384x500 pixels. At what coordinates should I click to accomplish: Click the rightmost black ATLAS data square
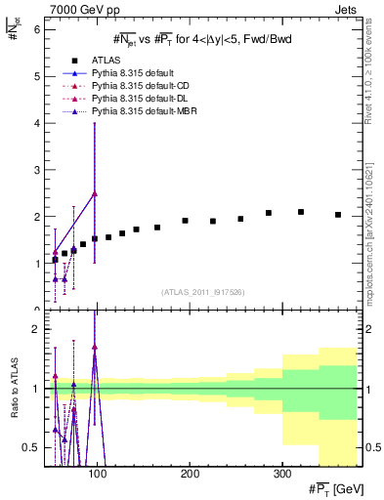(x=338, y=215)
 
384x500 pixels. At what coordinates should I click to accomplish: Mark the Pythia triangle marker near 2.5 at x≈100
(x=95, y=193)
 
